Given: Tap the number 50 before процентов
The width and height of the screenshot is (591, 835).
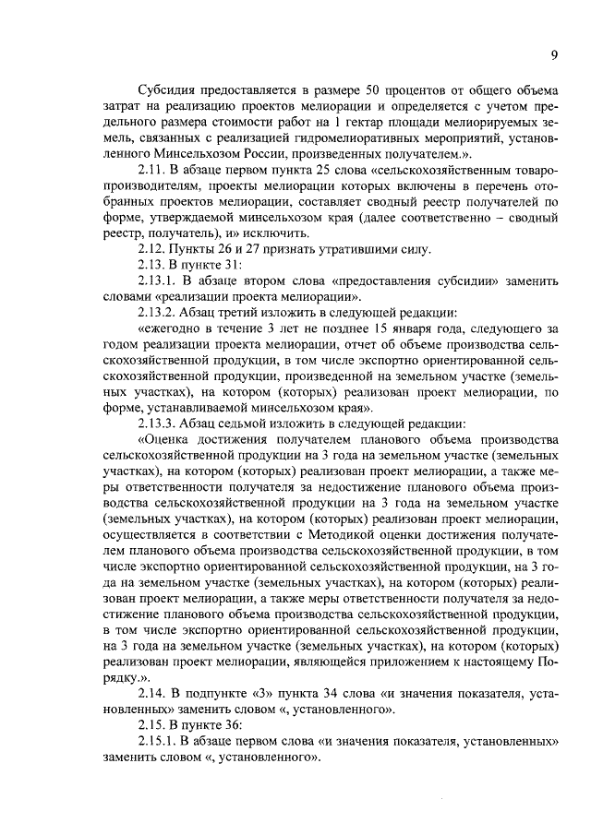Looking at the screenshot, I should pos(375,90).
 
